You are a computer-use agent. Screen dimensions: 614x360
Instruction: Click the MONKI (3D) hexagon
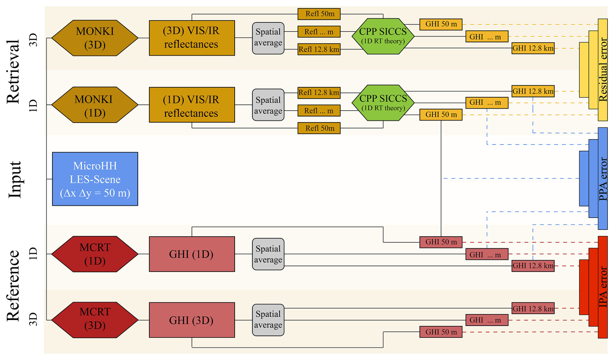tap(95, 38)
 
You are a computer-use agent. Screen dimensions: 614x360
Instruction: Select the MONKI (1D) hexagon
tap(95, 105)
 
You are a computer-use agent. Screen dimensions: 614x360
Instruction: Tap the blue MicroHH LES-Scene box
tap(95, 179)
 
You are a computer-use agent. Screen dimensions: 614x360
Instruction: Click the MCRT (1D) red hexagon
tap(95, 254)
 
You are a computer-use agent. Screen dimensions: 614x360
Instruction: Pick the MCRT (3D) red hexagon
tap(95, 320)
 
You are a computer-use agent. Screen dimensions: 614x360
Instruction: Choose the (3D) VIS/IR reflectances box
tap(192, 38)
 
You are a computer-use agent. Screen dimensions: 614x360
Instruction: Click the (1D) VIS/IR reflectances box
tap(192, 105)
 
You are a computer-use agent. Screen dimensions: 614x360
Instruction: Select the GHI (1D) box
tap(192, 254)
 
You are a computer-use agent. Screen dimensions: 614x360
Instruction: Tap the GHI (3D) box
tap(192, 320)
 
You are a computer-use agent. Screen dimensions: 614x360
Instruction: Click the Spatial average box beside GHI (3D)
tap(268, 320)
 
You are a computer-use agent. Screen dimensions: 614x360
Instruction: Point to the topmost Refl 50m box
tap(319, 14)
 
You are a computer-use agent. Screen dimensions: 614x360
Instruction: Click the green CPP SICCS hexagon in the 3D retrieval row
tap(383, 36)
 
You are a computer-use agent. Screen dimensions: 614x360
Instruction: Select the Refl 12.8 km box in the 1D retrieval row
tap(319, 93)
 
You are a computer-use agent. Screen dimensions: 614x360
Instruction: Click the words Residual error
tap(603, 70)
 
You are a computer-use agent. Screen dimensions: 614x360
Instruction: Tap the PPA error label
tap(603, 179)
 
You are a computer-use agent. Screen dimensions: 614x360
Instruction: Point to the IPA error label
tap(603, 287)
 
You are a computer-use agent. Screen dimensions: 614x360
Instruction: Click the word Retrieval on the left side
tap(14, 71)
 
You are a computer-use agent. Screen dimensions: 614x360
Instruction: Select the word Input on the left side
tap(14, 179)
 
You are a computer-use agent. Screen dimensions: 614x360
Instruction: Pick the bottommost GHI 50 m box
tap(441, 332)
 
